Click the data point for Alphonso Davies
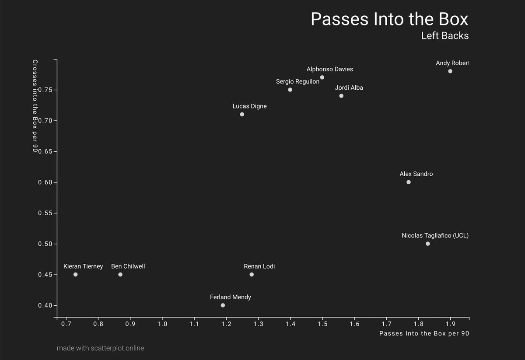click(x=322, y=77)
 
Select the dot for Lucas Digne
click(x=242, y=114)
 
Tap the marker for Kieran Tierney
click(x=76, y=274)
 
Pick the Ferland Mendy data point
click(x=223, y=305)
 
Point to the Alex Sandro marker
click(x=409, y=182)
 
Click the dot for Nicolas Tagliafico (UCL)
click(x=428, y=244)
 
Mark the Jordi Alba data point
click(x=341, y=96)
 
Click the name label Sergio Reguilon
click(x=297, y=82)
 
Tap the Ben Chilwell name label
click(x=128, y=266)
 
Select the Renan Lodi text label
click(x=259, y=266)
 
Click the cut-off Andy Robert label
click(x=452, y=63)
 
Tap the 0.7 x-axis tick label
click(x=66, y=324)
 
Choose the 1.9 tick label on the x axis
click(x=450, y=324)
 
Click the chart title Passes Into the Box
click(x=389, y=19)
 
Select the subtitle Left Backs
click(x=444, y=36)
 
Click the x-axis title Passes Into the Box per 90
click(x=424, y=334)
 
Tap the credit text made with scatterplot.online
click(x=100, y=348)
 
